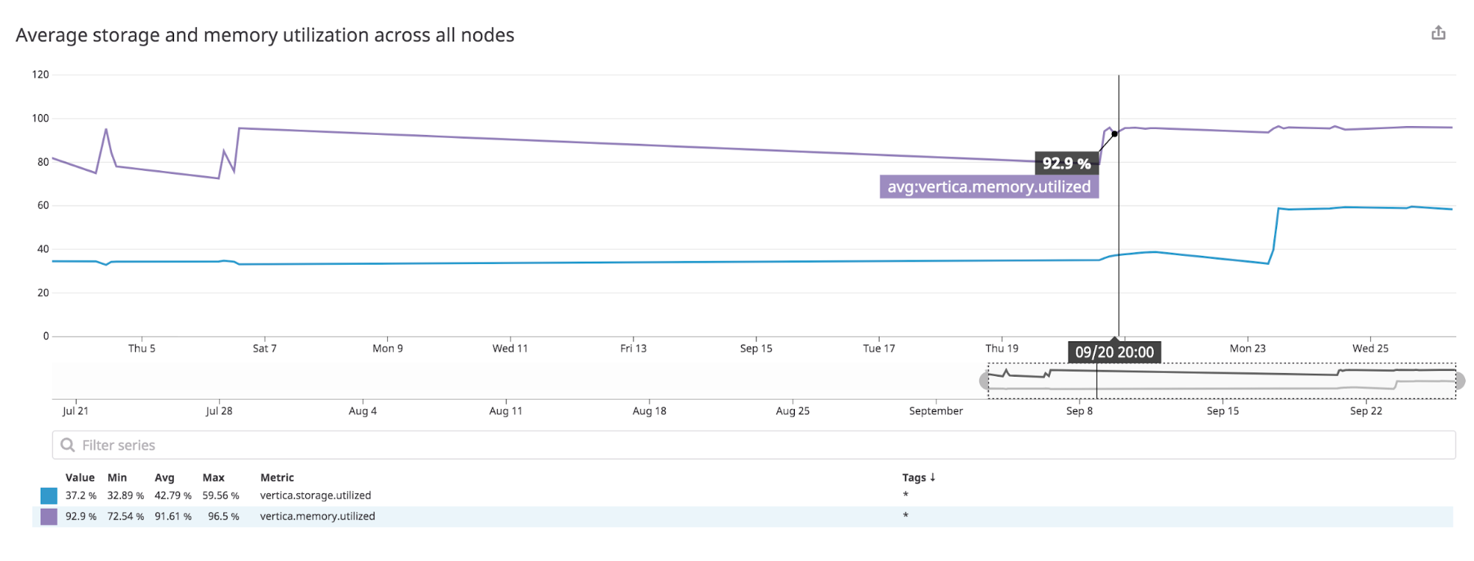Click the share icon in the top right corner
1438,33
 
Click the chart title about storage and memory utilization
265,35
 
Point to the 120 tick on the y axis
41,74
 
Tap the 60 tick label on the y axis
43,206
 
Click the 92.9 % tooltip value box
1066,164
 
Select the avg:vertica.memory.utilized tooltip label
989,187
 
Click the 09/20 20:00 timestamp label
1114,352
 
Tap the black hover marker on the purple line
1114,134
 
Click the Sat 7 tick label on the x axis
265,349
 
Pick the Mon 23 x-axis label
1248,349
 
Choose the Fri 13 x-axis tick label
633,349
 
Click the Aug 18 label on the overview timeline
649,411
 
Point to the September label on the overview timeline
936,411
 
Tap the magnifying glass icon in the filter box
68,445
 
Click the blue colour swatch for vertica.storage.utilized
49,496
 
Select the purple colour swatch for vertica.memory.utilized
49,517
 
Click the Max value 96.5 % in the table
223,517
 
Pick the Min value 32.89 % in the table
125,496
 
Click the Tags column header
918,478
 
